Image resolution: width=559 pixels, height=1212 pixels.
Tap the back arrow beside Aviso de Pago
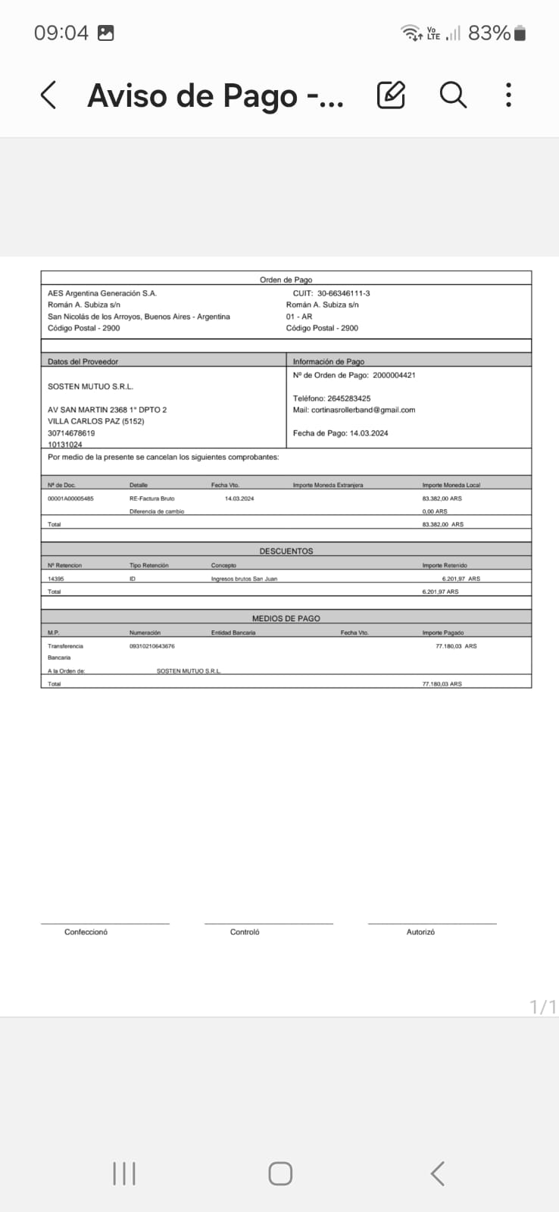tap(48, 95)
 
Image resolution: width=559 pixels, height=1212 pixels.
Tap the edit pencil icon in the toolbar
tap(391, 95)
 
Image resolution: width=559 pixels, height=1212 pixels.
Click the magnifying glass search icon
tap(453, 95)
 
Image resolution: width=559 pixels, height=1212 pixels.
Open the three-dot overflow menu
tap(508, 95)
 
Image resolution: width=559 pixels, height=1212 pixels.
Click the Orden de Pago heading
tap(286, 280)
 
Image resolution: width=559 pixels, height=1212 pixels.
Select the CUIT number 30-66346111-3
tap(343, 293)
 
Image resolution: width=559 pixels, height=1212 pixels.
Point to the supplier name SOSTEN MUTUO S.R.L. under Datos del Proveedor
tap(90, 386)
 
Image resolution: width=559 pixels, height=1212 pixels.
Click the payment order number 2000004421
tap(394, 375)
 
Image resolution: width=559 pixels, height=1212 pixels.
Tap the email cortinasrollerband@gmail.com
tap(363, 410)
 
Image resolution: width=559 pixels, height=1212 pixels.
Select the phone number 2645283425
tap(348, 398)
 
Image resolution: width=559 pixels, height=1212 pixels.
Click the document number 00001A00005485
tap(70, 498)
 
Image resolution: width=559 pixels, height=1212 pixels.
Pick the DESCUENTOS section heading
tap(286, 551)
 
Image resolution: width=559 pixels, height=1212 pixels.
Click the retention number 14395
tap(56, 579)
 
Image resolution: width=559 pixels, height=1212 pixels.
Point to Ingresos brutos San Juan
tap(244, 579)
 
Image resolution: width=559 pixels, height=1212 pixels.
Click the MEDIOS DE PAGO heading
tap(286, 618)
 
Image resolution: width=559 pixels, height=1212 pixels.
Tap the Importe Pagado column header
tap(442, 633)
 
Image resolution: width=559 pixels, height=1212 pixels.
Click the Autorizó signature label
tap(420, 932)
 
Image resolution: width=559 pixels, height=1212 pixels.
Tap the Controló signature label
tap(245, 932)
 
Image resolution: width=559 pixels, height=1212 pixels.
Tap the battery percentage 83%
tap(489, 33)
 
